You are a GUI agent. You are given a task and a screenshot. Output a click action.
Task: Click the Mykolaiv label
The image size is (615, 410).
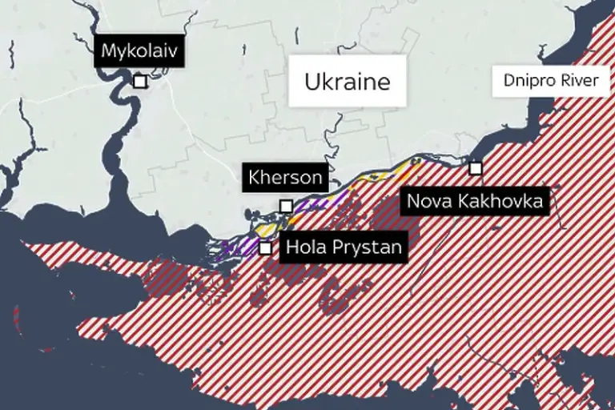click(x=139, y=53)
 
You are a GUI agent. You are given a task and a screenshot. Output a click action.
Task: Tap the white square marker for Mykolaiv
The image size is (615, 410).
click(x=140, y=82)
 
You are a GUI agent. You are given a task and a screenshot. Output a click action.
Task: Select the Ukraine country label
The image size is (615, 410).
click(x=347, y=81)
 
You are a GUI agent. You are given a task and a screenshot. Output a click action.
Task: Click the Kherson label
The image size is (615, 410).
click(x=285, y=177)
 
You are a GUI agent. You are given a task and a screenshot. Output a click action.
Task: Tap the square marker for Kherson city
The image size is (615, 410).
click(x=286, y=206)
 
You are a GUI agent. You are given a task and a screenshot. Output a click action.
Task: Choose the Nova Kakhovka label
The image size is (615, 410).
click(x=475, y=200)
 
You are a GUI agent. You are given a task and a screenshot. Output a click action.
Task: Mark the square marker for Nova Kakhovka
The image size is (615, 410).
click(x=476, y=168)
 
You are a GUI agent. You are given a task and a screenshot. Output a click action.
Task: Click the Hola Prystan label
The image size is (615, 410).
click(x=343, y=247)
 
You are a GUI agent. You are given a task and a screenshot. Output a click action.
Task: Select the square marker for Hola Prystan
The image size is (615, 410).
click(x=265, y=247)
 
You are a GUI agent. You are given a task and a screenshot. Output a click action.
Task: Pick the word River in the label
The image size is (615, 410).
click(x=581, y=81)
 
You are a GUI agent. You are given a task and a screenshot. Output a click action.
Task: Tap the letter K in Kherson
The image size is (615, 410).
click(x=255, y=177)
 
